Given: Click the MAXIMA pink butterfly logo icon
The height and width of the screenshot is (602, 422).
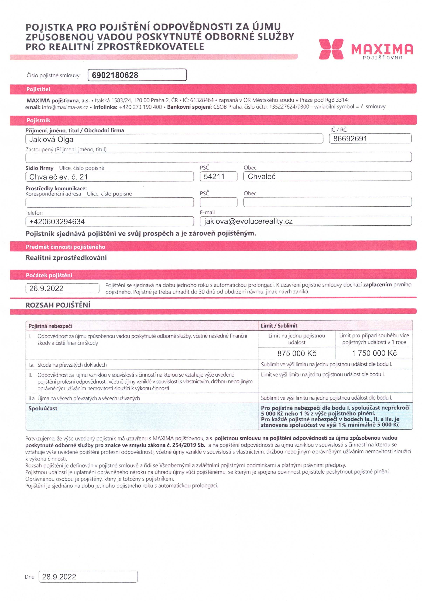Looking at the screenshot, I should (331, 49).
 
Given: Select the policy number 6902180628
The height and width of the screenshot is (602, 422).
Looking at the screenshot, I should (115, 75).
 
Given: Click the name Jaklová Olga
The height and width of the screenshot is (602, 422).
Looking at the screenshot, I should (51, 139).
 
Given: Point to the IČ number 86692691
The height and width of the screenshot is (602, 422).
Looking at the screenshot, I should (350, 139).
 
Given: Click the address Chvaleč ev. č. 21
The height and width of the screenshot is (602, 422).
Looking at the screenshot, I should (59, 177).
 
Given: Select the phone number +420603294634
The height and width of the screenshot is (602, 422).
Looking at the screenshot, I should (57, 222).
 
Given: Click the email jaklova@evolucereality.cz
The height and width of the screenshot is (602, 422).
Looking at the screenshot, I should (248, 221).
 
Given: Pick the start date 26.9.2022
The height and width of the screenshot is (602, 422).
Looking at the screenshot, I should (46, 288).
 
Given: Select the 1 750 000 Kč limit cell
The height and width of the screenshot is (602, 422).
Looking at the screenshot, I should (374, 353).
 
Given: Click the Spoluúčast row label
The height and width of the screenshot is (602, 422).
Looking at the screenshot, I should (43, 408).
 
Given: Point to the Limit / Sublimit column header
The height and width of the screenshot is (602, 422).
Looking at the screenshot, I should (279, 326).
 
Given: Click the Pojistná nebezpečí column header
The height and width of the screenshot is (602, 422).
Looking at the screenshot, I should (50, 326).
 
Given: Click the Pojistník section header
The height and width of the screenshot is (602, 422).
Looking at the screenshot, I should (38, 120).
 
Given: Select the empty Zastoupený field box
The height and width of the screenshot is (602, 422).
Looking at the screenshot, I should (218, 157).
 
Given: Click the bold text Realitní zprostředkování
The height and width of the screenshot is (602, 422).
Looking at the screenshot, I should (66, 257).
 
